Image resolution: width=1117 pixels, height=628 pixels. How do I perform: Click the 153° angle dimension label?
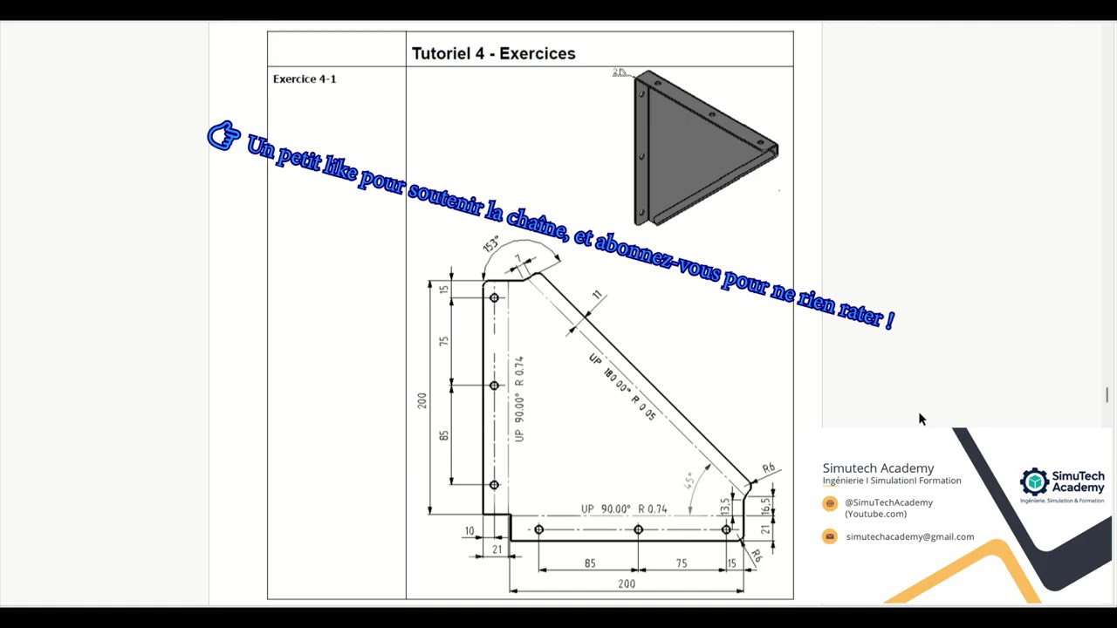click(x=490, y=244)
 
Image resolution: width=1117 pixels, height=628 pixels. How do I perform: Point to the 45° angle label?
click(x=689, y=481)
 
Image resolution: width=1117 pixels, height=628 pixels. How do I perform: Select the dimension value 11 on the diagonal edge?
click(x=597, y=296)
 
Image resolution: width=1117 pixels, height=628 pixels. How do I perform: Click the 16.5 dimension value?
click(x=765, y=506)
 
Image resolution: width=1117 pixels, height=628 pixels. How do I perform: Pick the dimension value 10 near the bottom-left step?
click(x=469, y=531)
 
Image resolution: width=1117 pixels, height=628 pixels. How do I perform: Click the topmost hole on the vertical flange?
click(x=494, y=298)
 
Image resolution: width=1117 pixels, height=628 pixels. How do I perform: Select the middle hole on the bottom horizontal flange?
click(x=638, y=529)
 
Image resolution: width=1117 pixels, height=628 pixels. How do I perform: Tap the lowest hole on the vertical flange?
click(x=494, y=485)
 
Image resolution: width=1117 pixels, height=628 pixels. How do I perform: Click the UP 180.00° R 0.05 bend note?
click(x=622, y=387)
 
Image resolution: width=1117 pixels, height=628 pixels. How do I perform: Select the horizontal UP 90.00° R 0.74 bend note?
click(x=624, y=509)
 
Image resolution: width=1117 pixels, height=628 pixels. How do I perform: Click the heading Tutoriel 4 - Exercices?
click(x=493, y=54)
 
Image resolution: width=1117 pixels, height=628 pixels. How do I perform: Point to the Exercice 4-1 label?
click(x=305, y=79)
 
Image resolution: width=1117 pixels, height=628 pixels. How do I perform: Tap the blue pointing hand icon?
click(x=223, y=136)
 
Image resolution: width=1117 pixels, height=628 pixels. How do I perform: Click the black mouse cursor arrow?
click(x=922, y=420)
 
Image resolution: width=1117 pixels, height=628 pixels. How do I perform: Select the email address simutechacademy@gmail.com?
click(x=909, y=537)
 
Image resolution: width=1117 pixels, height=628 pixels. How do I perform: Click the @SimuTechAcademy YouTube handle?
click(x=888, y=502)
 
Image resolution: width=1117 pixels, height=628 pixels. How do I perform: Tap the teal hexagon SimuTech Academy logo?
click(x=1034, y=481)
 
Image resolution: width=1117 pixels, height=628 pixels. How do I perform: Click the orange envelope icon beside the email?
click(x=830, y=536)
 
